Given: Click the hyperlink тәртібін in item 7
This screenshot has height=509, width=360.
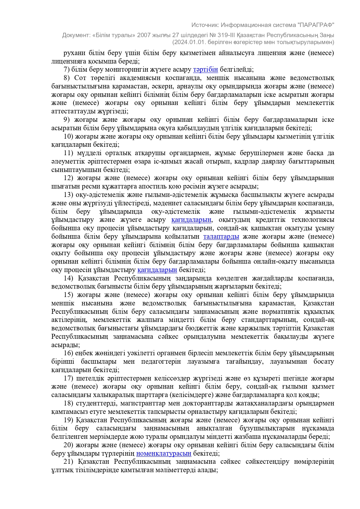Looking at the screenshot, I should [x=205, y=70].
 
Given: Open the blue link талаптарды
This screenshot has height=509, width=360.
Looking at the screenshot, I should [x=221, y=237].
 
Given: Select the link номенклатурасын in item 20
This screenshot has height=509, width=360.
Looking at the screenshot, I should [x=164, y=453].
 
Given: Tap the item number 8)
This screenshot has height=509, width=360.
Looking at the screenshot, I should [x=67, y=78].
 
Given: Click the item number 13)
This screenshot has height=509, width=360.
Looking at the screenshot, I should [x=68, y=195].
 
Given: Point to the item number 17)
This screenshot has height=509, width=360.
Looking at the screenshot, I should [x=68, y=378].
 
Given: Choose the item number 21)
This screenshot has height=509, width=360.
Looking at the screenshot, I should [x=68, y=461].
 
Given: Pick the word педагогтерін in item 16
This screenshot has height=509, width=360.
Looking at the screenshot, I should [x=161, y=362].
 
